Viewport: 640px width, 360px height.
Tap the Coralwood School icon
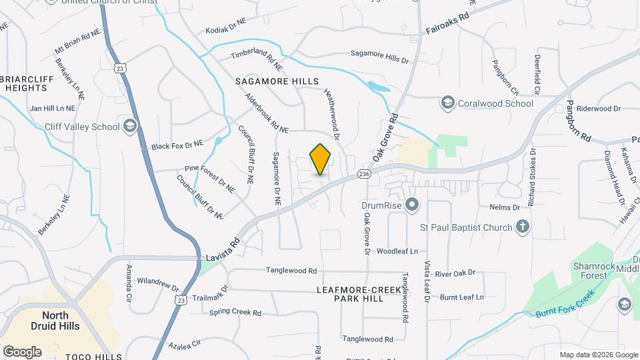click(x=447, y=103)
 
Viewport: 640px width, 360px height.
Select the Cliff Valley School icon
click(x=129, y=126)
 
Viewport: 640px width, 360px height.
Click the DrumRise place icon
click(x=411, y=205)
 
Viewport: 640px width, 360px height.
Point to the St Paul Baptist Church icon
click(x=523, y=227)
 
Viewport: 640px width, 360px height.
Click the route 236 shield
click(x=363, y=173)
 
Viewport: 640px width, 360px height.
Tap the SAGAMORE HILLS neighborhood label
click(x=273, y=81)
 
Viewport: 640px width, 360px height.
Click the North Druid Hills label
click(x=60, y=321)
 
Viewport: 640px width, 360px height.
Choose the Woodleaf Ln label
click(x=397, y=251)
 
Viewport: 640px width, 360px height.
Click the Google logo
click(x=22, y=351)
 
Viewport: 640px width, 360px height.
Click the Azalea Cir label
click(x=185, y=343)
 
